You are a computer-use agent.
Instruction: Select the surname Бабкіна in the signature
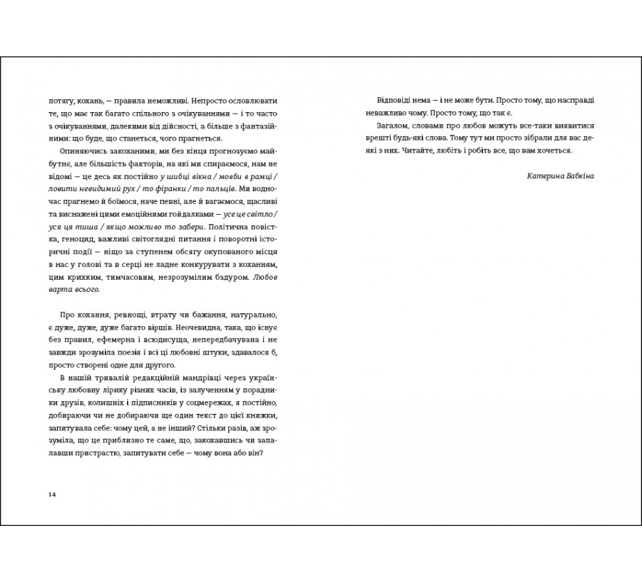click(577, 176)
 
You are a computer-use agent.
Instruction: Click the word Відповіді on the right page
click(396, 101)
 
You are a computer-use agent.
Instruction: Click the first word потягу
click(61, 101)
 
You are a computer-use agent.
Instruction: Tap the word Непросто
click(198, 101)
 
